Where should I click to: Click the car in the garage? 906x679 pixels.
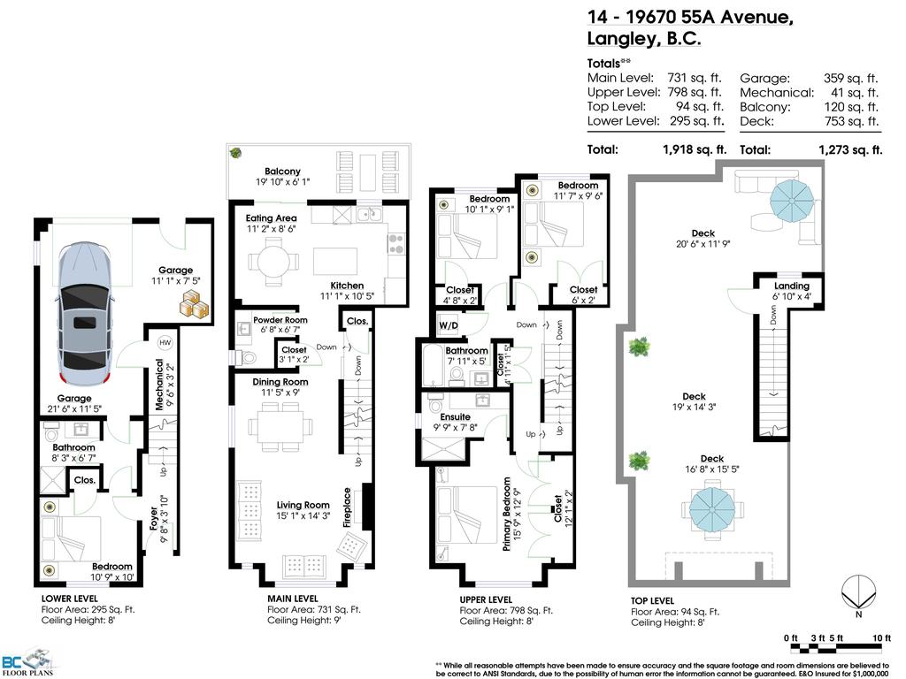(84, 314)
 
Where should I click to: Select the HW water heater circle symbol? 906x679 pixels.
(165, 342)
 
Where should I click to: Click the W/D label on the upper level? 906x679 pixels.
(449, 325)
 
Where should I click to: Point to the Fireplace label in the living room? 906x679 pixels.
(348, 507)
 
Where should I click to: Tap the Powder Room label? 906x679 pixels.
(280, 320)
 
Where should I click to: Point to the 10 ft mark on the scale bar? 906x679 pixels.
(879, 638)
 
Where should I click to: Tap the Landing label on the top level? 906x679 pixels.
(791, 286)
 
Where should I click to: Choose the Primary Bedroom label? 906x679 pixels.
(508, 515)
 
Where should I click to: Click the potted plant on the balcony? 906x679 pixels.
(236, 153)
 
